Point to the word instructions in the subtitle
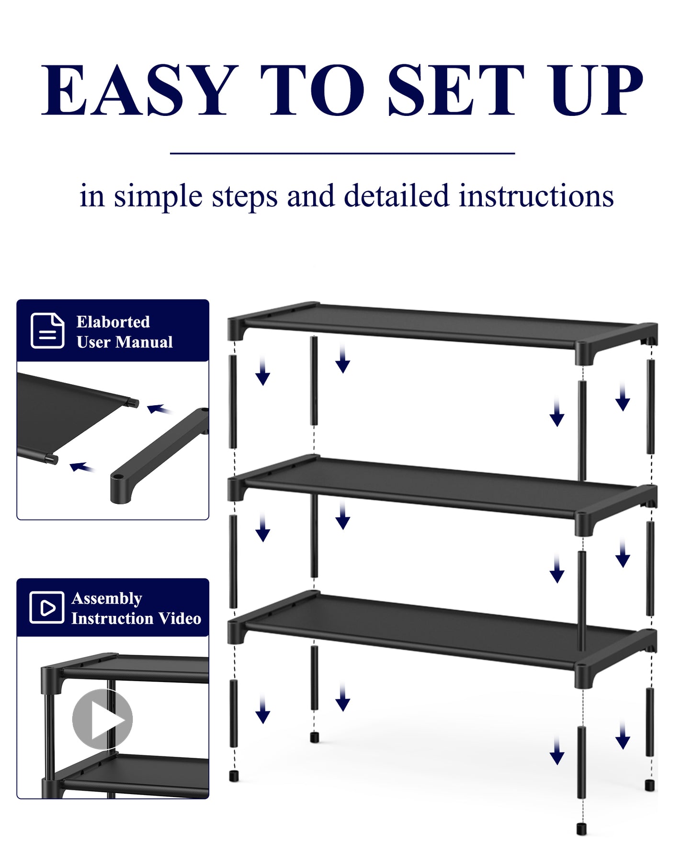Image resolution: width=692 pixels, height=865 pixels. [x=536, y=196]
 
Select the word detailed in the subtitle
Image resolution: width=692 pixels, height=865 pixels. [x=396, y=196]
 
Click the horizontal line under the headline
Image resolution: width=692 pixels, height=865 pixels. [x=342, y=153]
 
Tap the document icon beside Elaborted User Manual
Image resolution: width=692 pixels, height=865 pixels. [x=47, y=330]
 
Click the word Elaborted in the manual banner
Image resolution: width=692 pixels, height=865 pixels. [x=113, y=322]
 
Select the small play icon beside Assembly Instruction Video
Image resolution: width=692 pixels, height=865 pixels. [x=46, y=607]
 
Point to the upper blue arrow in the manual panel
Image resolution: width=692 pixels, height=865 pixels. [x=159, y=409]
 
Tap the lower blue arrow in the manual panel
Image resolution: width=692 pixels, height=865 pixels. [x=81, y=467]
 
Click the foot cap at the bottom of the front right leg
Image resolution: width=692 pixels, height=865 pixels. [x=581, y=829]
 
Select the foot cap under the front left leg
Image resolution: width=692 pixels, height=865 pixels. [x=234, y=775]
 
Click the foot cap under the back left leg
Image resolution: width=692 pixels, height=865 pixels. [x=314, y=737]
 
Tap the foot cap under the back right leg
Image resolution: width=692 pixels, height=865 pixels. [x=649, y=785]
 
